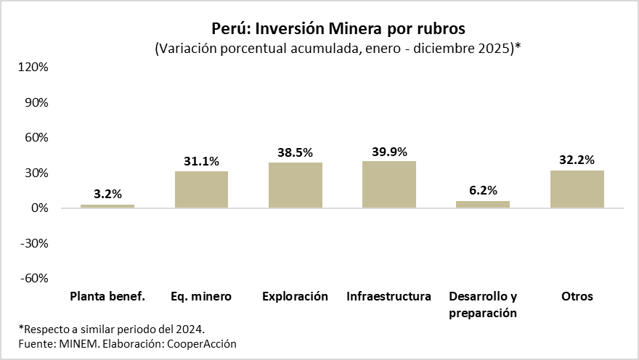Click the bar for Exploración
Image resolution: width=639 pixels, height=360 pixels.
point(296,185)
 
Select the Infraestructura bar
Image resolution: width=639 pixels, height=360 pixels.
point(389,184)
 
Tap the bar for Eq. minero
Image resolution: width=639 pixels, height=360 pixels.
point(201,189)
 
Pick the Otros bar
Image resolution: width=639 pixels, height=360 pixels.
point(577,189)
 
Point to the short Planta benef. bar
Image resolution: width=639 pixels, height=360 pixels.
point(107,206)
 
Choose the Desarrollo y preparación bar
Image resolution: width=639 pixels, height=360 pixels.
point(483,204)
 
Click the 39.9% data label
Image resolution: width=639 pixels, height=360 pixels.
point(389,152)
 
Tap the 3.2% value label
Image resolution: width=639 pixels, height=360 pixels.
point(107,194)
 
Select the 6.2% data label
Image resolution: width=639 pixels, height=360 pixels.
point(483,190)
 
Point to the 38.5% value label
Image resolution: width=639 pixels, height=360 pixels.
point(296,152)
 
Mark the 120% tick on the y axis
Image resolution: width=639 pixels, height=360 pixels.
point(33,67)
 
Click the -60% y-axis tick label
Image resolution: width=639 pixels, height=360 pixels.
point(33,279)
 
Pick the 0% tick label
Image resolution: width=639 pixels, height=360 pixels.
point(39,208)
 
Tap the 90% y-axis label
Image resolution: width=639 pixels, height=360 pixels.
point(36,102)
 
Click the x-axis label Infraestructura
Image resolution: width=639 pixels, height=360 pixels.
point(389,296)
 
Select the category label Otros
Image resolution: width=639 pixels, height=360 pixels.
point(577,296)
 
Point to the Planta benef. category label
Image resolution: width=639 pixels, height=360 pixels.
point(107,296)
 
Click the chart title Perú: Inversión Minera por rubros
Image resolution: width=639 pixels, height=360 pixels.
point(338,28)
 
